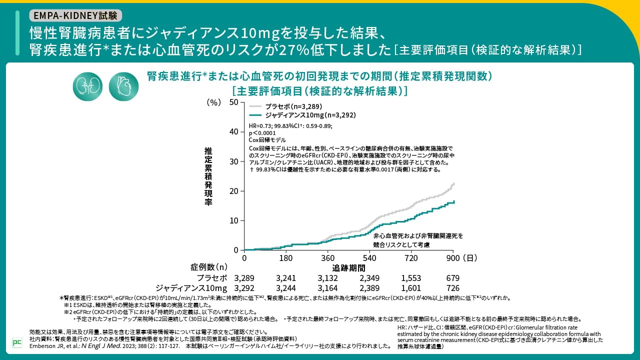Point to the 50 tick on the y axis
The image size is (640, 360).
(x=233, y=102)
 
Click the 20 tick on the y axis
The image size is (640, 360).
(x=233, y=191)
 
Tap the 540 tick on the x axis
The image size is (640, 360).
(x=369, y=258)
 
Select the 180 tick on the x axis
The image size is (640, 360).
(x=286, y=258)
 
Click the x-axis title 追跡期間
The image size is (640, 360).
(x=349, y=268)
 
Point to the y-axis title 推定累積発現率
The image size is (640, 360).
(x=208, y=176)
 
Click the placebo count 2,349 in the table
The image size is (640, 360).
(x=369, y=278)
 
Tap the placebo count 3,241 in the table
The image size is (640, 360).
(x=286, y=278)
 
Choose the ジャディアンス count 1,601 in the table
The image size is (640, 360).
(x=411, y=288)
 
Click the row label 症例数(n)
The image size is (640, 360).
(x=208, y=267)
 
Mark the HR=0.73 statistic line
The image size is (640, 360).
(x=290, y=126)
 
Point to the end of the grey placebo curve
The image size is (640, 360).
(x=453, y=183)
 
